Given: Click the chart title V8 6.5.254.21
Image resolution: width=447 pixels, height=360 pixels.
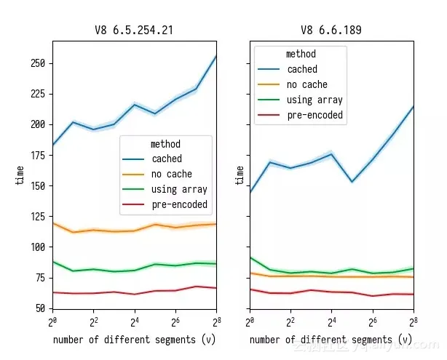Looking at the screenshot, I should (x=133, y=31).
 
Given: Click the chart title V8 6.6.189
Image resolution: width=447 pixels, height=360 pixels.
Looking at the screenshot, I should (x=331, y=31).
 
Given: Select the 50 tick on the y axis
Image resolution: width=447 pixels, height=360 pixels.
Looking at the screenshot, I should (x=41, y=308).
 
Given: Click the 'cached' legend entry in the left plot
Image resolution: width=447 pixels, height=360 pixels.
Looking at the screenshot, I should (x=167, y=159).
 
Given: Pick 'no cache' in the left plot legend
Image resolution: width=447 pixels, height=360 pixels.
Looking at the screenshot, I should (x=172, y=174).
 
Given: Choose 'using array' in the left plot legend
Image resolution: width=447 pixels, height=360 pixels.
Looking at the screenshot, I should (x=179, y=189).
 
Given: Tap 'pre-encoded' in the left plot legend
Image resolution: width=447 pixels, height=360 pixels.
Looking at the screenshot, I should (x=179, y=204).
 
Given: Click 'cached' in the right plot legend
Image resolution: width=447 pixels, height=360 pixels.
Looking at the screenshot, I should (x=302, y=69).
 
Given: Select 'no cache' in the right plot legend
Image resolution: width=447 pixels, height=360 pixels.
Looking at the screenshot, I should (x=307, y=84).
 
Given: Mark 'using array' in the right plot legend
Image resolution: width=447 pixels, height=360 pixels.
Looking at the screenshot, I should (x=315, y=100).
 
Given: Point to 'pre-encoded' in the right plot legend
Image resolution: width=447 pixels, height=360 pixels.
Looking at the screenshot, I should (x=315, y=115).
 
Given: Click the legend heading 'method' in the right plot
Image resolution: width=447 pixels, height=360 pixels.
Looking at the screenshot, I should (x=301, y=54).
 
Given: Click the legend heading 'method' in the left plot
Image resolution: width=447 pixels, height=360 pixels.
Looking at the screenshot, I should (x=165, y=144).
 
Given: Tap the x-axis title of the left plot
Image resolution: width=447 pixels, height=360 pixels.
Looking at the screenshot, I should (x=134, y=340).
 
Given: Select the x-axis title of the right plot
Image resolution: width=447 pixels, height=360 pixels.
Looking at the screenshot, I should (x=331, y=340).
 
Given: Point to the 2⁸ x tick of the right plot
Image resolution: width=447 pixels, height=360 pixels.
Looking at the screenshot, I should (x=413, y=321).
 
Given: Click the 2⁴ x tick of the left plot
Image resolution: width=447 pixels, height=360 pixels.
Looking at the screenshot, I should (x=134, y=321).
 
